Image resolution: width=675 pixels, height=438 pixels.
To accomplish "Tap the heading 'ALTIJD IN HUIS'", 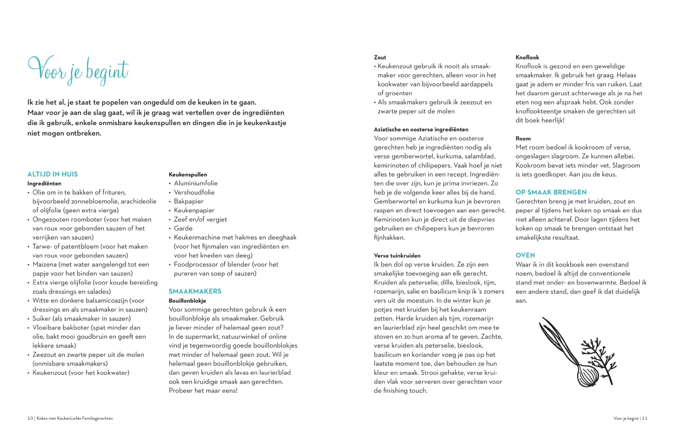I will tap(52, 174).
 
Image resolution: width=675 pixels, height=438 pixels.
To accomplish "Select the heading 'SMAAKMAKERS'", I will tap(195, 291).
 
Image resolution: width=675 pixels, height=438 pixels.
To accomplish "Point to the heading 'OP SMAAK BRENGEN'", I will tap(551, 192).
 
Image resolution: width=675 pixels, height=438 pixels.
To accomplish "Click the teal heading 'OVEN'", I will tap(525, 255).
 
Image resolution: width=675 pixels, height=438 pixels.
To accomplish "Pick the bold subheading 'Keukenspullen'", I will tap(188, 174).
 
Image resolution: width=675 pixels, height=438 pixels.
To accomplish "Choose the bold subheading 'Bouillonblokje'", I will tap(187, 301).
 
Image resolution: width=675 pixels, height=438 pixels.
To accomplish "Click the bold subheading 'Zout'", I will tap(380, 57).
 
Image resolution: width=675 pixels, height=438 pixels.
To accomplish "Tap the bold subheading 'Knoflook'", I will tap(527, 57).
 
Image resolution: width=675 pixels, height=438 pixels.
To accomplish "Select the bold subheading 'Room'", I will tap(523, 139).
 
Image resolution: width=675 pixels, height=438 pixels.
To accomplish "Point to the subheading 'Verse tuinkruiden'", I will tap(397, 256).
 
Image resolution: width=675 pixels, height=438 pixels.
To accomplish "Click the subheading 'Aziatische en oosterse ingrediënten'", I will tap(421, 129).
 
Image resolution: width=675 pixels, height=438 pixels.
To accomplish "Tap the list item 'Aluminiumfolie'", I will tap(195, 183).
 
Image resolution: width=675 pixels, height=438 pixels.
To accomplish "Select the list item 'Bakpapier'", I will tap(188, 201).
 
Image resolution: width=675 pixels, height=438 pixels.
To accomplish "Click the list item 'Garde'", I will tap(183, 229).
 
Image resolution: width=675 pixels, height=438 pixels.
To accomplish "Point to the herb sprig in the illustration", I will tap(600, 351).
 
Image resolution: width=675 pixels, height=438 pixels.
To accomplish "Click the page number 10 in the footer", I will tap(30, 418).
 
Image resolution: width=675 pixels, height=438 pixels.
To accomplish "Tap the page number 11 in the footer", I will tap(645, 418).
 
